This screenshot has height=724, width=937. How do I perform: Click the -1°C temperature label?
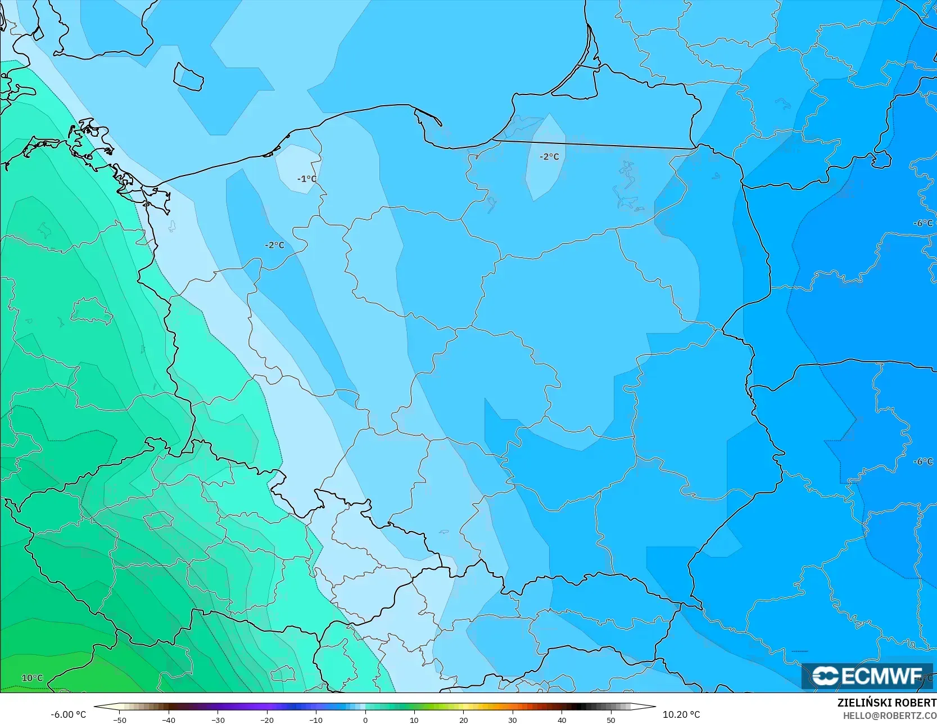pos(306,179)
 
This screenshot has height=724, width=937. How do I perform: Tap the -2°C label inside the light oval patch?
pos(549,156)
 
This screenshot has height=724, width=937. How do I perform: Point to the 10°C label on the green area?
pos(32,678)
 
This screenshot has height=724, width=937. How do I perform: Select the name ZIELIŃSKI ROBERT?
pos(886,703)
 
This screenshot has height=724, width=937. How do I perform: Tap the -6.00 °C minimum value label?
pos(68,714)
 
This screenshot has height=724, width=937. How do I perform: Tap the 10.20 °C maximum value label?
pos(681,714)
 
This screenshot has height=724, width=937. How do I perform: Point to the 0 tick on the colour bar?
pos(365,720)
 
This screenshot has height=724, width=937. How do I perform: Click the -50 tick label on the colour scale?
pos(119,720)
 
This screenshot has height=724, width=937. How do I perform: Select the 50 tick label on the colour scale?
pos(611,720)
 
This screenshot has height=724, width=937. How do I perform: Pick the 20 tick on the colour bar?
pos(463,720)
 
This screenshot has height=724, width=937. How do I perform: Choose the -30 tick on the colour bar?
pos(218,720)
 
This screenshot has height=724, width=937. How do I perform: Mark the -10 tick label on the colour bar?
pos(316,720)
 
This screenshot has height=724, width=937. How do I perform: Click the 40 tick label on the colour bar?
pos(562,720)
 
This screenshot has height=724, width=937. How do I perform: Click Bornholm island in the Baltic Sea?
pos(188,77)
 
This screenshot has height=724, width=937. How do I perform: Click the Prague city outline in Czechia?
pos(159,520)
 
